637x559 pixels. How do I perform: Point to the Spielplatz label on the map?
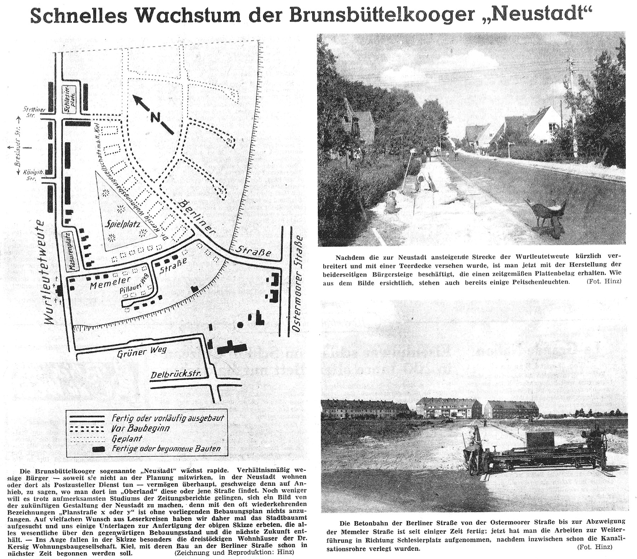click(123, 224)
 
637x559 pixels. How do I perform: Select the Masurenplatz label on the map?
click(70, 251)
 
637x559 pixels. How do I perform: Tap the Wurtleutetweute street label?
click(45, 272)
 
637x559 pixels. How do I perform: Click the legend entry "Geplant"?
click(127, 439)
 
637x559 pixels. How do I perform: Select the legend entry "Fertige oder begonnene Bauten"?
click(166, 449)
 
